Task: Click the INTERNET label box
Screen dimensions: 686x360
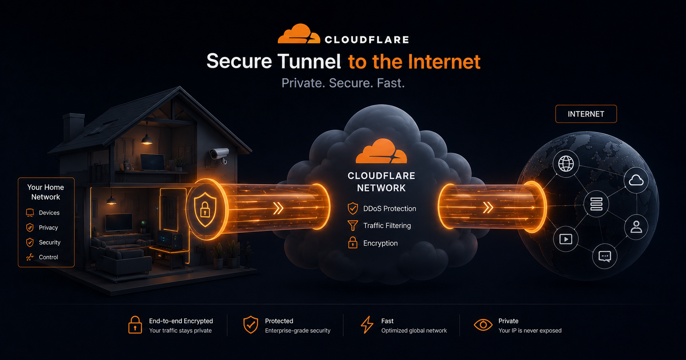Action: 586,114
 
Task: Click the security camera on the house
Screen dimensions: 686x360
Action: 220,155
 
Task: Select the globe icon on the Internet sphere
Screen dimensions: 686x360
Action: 566,164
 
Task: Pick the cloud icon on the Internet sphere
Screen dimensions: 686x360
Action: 636,181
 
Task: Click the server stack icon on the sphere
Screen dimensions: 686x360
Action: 596,204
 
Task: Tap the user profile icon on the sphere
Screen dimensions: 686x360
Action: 636,227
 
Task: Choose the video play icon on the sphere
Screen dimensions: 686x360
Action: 566,239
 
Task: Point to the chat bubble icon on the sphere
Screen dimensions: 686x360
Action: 605,256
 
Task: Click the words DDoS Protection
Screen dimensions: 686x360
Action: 390,209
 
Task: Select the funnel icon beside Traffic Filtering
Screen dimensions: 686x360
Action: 352,226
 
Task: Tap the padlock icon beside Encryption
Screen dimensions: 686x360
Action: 353,242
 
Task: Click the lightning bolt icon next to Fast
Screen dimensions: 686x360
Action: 367,325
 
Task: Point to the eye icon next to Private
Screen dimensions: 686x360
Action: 483,325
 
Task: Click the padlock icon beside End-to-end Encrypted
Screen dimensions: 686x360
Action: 135,325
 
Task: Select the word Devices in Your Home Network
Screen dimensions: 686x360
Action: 49,213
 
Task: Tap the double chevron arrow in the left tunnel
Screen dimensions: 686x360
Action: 278,208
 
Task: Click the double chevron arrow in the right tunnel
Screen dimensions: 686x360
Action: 488,207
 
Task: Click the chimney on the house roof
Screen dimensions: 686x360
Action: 74,127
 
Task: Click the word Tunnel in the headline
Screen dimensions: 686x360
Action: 309,61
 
